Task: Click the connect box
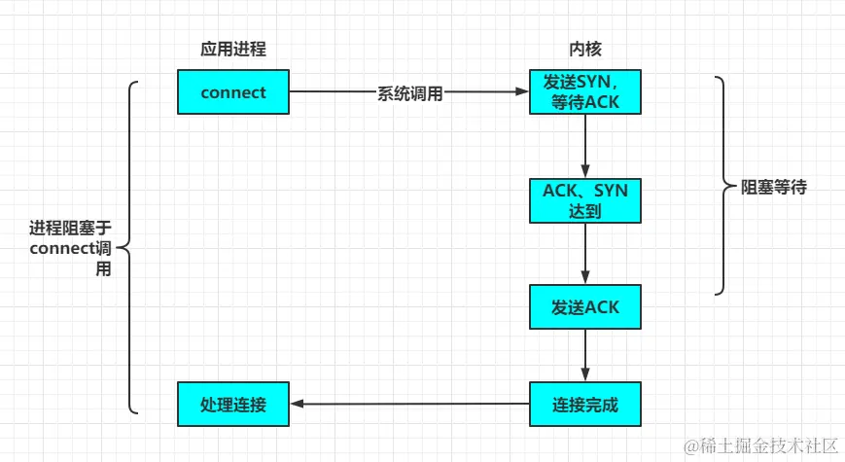click(233, 92)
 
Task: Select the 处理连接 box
click(233, 404)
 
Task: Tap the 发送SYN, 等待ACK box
click(584, 92)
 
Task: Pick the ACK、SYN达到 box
click(584, 199)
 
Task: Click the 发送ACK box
click(584, 307)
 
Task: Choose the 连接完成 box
click(584, 404)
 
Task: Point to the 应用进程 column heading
click(233, 49)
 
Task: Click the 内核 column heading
click(584, 49)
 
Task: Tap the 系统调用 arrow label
click(409, 93)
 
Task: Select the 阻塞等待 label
click(774, 188)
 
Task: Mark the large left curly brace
click(132, 248)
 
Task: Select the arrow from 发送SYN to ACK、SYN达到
click(584, 146)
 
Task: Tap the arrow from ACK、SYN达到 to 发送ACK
click(584, 253)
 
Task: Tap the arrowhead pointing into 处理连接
click(298, 404)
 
